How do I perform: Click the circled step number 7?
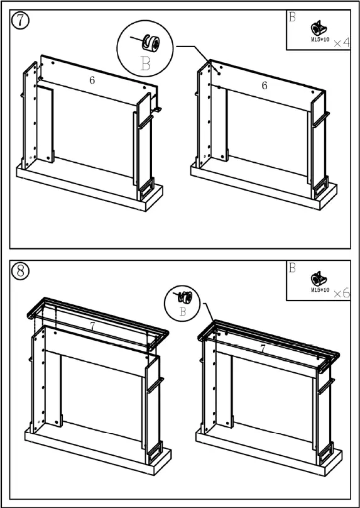point(20,20)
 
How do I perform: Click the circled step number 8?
point(20,271)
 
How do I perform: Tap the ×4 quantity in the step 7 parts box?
point(342,43)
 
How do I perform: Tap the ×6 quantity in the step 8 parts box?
point(342,294)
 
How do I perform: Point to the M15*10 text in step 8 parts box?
point(320,290)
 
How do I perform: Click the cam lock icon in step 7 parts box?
point(319,28)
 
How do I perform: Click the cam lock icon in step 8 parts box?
point(319,279)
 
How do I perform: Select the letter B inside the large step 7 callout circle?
point(146,64)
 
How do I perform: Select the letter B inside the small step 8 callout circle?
point(183,312)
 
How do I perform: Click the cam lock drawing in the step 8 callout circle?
point(185,297)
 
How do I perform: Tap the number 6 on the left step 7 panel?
point(92,80)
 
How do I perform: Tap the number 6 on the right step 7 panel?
point(265,86)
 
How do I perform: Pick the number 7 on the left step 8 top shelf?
point(93,327)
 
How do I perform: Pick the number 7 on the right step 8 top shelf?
point(263,349)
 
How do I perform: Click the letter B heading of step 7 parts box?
point(292,17)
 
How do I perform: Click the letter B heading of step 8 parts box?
point(292,268)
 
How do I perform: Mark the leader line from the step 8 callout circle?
point(209,312)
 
